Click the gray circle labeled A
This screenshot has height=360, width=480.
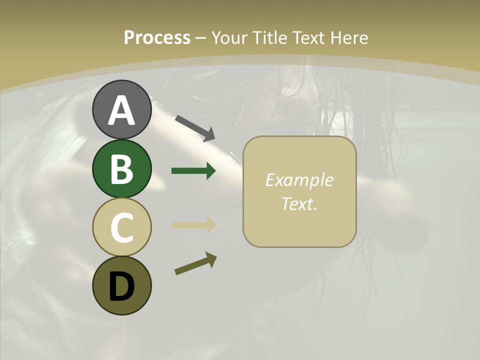121,109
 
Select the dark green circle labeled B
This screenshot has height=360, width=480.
121,168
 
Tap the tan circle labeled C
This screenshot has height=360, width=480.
121,227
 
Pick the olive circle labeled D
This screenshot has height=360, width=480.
121,285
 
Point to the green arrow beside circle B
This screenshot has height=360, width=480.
193,171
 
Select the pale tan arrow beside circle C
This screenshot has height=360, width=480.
193,225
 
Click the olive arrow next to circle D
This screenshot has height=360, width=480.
195,263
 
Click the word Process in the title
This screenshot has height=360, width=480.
157,38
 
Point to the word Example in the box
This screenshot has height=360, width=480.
299,180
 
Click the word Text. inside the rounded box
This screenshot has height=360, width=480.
299,203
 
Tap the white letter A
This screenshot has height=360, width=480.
121,110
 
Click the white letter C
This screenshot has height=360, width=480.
121,227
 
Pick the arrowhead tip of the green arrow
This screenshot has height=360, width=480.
215,171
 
